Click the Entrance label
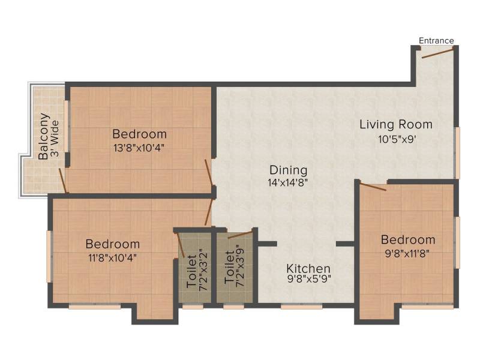pos(436,40)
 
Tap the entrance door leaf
pos(437,52)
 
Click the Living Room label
pos(396,125)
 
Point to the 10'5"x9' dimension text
pos(397,139)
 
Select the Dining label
pos(288,170)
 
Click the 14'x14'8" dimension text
pos(288,183)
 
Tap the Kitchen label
pos(308,268)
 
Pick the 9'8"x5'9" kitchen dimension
pos(309,279)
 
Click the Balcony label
pos(44,136)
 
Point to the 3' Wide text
pos(55,139)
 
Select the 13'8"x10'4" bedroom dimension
pos(139,148)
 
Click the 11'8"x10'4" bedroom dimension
pos(112,257)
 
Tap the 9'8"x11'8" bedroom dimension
pos(407,253)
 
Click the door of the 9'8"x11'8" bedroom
pos(373,187)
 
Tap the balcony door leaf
pos(62,181)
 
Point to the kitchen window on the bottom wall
pos(302,306)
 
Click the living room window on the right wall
pos(458,153)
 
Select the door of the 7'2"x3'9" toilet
pos(241,235)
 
